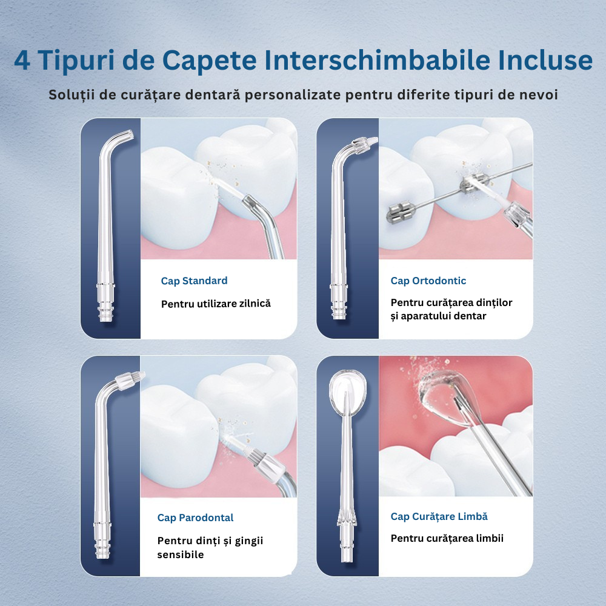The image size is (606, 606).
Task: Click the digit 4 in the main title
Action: click(22, 60)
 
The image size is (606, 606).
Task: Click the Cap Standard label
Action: click(194, 281)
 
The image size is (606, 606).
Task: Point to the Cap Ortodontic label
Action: click(428, 281)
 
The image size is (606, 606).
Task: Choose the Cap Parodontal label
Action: click(195, 518)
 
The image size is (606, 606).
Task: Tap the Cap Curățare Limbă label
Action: click(439, 516)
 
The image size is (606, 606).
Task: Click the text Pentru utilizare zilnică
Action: click(216, 304)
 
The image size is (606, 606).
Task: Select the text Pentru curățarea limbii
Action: click(447, 538)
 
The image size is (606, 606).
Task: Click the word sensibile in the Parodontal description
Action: click(180, 554)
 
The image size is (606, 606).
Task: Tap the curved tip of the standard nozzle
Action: click(127, 136)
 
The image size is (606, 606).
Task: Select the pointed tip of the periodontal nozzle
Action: click(141, 375)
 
